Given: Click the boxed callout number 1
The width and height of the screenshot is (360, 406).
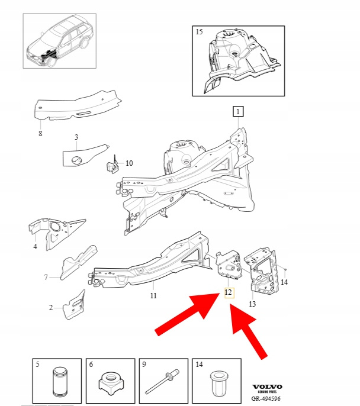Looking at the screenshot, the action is (238, 112).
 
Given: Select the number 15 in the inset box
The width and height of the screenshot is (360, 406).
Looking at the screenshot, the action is (199, 32).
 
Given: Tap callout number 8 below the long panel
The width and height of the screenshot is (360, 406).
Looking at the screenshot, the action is (40, 134).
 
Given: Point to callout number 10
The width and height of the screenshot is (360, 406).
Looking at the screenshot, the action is (129, 163).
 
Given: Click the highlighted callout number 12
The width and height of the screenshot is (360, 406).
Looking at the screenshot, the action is (229, 292).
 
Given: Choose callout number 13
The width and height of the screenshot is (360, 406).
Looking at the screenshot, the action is (252, 304).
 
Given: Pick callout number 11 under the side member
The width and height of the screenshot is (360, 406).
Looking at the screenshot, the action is (153, 296).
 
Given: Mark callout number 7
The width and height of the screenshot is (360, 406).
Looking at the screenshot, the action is (46, 278).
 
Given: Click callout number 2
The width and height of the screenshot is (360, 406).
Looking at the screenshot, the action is (51, 308).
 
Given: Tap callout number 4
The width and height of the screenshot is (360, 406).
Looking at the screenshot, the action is (35, 247).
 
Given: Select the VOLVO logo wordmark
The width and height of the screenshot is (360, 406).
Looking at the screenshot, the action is (267, 387).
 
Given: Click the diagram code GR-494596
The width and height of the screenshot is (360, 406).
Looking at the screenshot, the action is (266, 399).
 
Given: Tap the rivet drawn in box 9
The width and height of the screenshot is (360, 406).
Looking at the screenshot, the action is (162, 382).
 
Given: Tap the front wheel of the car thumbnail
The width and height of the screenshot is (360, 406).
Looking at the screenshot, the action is (52, 63).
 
